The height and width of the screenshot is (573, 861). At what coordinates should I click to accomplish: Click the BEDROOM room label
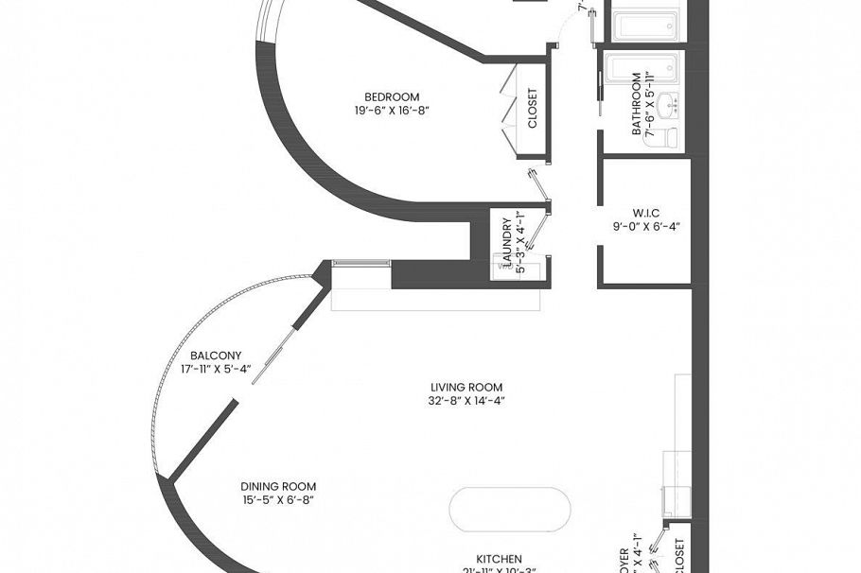pyautogui.click(x=392, y=95)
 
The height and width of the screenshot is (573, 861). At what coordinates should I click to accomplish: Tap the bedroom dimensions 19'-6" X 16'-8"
pyautogui.click(x=392, y=110)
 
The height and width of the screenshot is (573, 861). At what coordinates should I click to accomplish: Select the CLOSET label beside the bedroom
pyautogui.click(x=532, y=109)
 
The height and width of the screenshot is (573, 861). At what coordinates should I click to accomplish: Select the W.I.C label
pyautogui.click(x=646, y=212)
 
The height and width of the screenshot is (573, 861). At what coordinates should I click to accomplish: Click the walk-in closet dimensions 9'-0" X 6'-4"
pyautogui.click(x=646, y=226)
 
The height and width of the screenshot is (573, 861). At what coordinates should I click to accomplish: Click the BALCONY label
pyautogui.click(x=209, y=356)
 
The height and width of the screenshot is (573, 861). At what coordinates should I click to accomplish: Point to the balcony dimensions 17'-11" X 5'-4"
pyautogui.click(x=215, y=370)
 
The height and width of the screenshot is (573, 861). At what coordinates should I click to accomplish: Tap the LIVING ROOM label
pyautogui.click(x=466, y=387)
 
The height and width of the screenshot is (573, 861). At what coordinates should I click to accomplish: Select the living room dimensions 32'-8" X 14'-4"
pyautogui.click(x=466, y=401)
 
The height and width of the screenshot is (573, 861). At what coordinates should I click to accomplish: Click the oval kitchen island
pyautogui.click(x=510, y=511)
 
